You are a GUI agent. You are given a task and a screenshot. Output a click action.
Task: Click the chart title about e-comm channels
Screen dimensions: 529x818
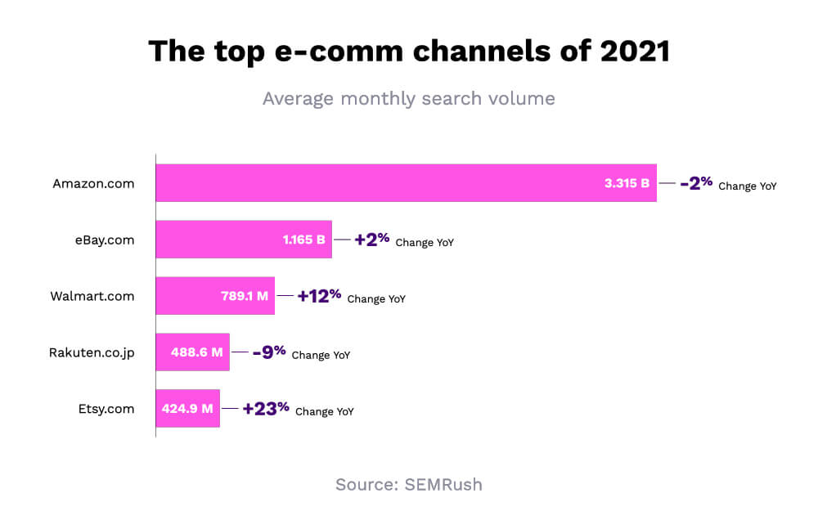point(408,52)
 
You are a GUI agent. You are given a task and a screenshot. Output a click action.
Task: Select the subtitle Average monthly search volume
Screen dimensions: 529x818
point(408,99)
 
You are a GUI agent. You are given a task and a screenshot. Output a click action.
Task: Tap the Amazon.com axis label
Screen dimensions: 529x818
point(93,183)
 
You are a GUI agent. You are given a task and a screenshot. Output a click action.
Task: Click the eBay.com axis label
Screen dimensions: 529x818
point(103,240)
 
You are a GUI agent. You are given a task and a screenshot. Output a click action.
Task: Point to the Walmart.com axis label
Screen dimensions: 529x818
point(92,296)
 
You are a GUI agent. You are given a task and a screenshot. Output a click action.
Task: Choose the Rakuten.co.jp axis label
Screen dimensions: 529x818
point(92,352)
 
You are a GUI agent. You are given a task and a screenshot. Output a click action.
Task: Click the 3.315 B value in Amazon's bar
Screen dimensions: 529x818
point(627,183)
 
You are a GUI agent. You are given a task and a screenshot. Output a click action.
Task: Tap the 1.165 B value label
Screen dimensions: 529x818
point(303,240)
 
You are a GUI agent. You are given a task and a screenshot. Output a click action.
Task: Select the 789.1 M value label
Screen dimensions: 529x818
point(245,296)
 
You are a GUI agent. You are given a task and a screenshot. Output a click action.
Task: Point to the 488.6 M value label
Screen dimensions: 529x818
point(196,352)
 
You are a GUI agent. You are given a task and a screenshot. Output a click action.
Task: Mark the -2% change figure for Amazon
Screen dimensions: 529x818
point(696,183)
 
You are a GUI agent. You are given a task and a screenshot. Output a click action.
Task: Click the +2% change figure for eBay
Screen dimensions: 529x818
point(371,240)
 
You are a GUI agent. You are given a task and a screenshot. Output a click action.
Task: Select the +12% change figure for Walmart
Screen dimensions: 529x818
point(319,296)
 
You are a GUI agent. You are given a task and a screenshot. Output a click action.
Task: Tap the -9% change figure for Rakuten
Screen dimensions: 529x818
point(269,352)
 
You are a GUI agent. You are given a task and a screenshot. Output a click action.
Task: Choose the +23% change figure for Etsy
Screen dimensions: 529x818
point(266,409)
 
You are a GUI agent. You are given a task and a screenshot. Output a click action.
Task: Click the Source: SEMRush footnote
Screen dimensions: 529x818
point(408,485)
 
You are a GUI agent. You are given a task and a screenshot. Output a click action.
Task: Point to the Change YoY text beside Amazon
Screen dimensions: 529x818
point(748,186)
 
